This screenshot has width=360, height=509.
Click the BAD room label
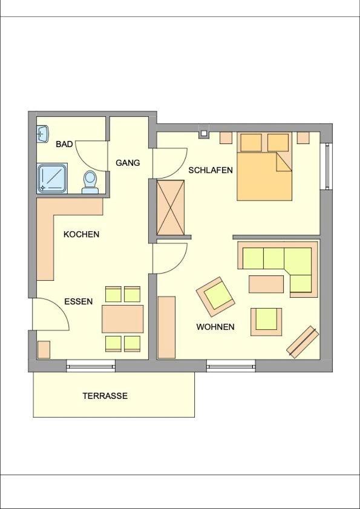point(64,144)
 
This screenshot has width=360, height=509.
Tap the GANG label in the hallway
point(128,163)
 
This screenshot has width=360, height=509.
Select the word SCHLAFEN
point(211,170)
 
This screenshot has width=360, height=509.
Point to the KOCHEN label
point(81,234)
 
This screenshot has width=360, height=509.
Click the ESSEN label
point(79,301)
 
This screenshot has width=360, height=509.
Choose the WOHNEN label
point(215,327)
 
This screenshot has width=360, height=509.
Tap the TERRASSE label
point(105,396)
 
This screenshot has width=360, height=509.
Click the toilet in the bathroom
point(90,182)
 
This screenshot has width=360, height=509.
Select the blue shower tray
point(52,179)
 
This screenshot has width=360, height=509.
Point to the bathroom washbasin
point(43,134)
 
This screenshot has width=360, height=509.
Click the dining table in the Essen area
point(123,319)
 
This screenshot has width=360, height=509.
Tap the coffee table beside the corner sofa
point(266,284)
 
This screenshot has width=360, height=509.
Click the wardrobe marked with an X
point(171,208)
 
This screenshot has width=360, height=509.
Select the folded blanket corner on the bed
point(284,162)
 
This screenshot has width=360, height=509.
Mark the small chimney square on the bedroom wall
point(204,133)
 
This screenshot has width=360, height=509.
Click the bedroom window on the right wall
point(327,166)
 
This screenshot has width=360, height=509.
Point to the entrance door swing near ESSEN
point(51,314)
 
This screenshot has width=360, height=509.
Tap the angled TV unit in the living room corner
point(303,342)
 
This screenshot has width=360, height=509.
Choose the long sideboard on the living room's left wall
point(166,327)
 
